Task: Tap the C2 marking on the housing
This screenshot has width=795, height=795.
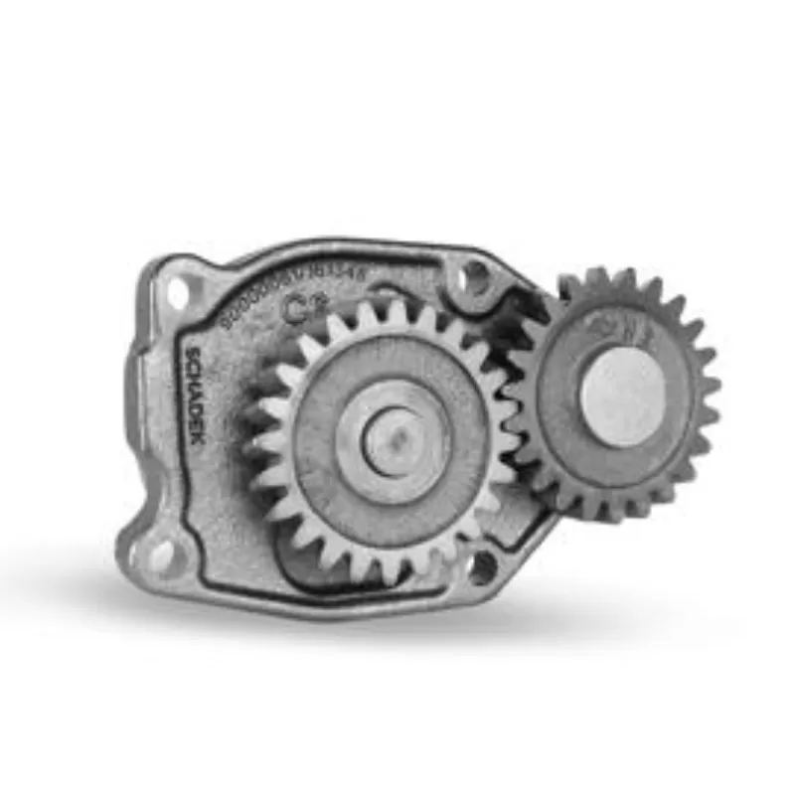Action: pyautogui.click(x=296, y=308)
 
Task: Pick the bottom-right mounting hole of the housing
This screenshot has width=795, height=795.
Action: pyautogui.click(x=484, y=566)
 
